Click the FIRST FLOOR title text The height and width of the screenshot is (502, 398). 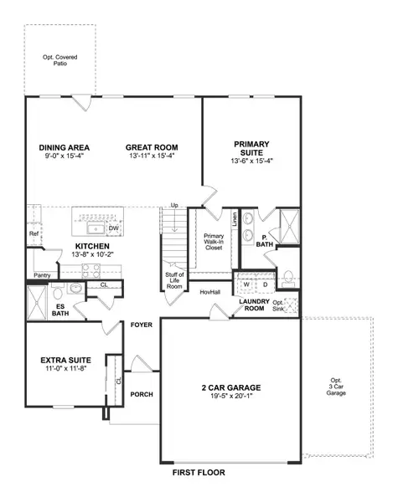pyautogui.click(x=199, y=473)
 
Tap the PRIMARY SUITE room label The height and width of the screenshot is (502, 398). pyautogui.click(x=252, y=148)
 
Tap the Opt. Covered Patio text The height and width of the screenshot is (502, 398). pyautogui.click(x=59, y=59)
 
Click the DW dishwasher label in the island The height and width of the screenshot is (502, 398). pyautogui.click(x=113, y=227)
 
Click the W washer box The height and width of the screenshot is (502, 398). pyautogui.click(x=246, y=283)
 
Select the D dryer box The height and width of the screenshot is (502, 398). pyautogui.click(x=265, y=283)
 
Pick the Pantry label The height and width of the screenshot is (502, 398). pyautogui.click(x=41, y=274)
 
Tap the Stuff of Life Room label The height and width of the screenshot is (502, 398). pyautogui.click(x=174, y=279)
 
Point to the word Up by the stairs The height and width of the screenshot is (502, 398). pyautogui.click(x=174, y=205)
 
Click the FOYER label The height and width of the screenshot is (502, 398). pyautogui.click(x=140, y=325)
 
